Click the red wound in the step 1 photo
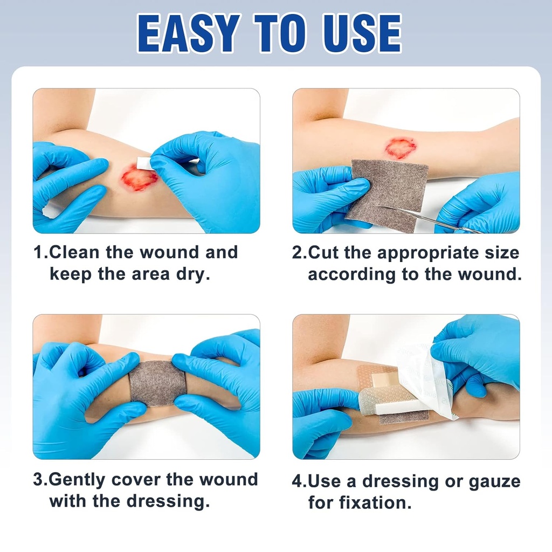139,178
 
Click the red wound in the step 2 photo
400,148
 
